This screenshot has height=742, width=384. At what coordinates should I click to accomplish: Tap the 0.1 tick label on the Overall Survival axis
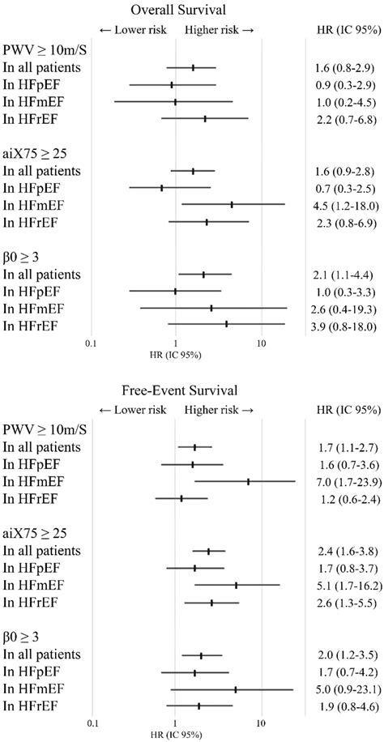91,343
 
